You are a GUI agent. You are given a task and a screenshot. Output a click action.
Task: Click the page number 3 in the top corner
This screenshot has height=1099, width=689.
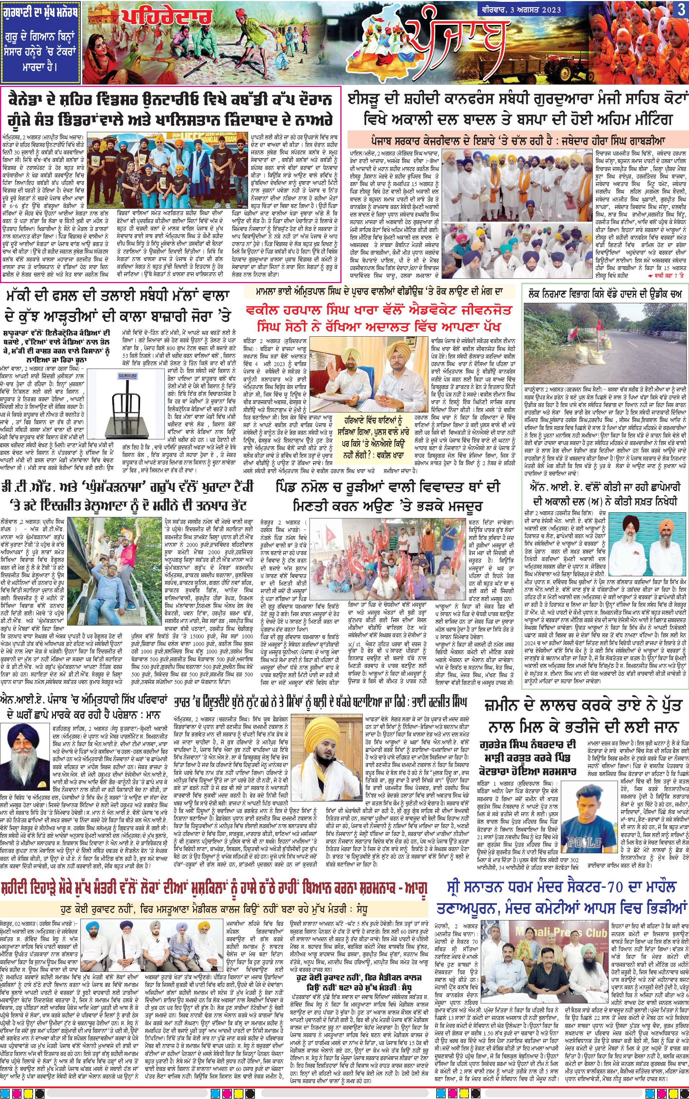pyautogui.click(x=680, y=10)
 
